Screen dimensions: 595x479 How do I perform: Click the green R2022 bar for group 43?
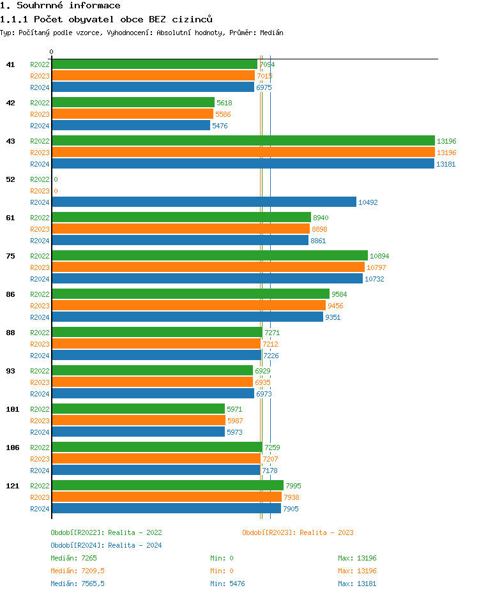pos(243,140)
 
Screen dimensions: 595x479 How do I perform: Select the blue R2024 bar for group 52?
pos(204,202)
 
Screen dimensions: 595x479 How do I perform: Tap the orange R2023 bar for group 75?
pos(208,267)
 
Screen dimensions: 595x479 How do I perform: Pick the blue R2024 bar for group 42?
pos(131,125)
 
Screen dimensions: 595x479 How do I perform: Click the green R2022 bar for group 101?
pos(138,409)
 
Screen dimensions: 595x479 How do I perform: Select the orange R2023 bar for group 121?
pos(166,497)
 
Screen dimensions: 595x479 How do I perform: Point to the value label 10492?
pos(368,202)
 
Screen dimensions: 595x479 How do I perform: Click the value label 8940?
pos(321,218)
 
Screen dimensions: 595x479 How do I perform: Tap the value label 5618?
pos(224,103)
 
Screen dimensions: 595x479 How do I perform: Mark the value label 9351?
pos(333,317)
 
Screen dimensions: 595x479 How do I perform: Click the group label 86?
pos(10,294)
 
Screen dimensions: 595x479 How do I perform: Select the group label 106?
pos(12,448)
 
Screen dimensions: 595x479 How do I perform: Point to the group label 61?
pos(10,218)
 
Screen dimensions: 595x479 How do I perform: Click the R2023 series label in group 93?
pos(40,382)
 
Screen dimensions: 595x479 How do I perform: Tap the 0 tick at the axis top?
pos(52,52)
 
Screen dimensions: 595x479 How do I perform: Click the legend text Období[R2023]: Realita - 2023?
pos(298,532)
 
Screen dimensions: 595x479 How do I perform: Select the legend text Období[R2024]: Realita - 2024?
pos(106,545)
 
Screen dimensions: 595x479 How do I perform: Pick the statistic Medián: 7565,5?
pos(77,584)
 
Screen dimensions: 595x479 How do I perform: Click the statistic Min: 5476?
pos(227,584)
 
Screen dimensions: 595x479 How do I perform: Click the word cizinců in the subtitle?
pos(190,19)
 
